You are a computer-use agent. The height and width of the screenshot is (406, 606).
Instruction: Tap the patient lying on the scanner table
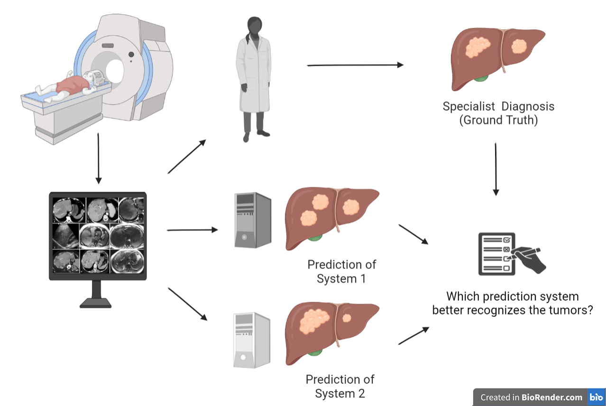click(71, 86)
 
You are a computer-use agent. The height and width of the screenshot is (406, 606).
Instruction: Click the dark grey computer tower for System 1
click(253, 220)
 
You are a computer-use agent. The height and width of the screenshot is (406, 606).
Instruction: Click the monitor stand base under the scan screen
click(98, 303)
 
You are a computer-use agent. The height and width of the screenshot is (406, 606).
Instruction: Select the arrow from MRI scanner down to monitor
click(98, 158)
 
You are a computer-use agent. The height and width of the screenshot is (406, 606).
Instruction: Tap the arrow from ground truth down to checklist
click(496, 169)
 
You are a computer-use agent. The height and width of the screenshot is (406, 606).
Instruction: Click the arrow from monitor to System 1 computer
click(192, 231)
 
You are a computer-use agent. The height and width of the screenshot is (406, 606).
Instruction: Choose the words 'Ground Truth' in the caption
click(498, 120)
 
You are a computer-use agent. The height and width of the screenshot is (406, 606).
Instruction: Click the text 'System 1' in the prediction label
click(341, 278)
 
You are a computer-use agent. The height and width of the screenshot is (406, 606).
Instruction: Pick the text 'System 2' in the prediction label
click(340, 394)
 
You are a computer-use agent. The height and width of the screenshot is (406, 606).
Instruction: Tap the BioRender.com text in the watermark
click(552, 397)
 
